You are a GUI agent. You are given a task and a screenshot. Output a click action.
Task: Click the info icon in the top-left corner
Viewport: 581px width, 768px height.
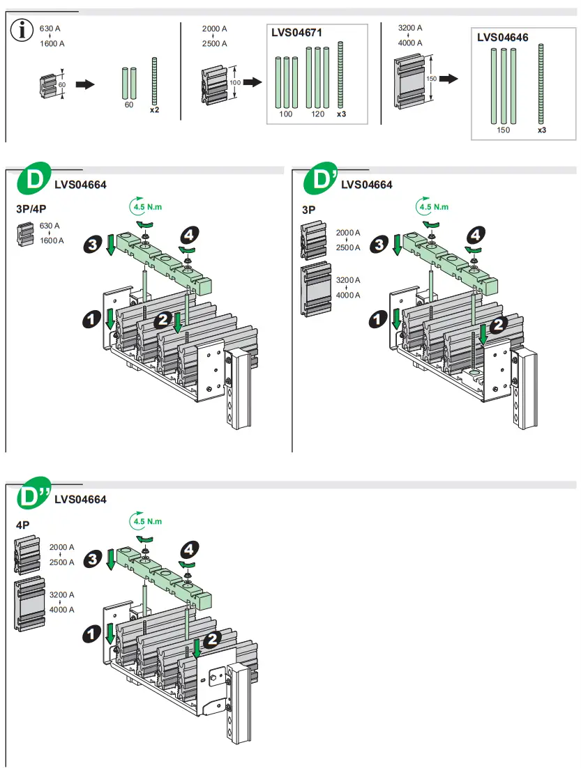(25, 31)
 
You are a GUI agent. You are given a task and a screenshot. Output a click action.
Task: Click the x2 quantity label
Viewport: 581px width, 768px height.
(154, 109)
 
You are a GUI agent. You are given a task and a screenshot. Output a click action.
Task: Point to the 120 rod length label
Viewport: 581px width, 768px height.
(318, 114)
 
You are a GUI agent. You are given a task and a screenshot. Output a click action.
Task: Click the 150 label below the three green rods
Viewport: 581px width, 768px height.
(503, 130)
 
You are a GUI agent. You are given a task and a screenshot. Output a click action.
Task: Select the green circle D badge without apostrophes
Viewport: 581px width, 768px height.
(35, 183)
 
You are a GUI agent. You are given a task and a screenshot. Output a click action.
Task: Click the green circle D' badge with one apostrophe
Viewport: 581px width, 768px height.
(322, 182)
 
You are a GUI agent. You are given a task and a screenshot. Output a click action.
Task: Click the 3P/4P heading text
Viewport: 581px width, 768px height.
(32, 208)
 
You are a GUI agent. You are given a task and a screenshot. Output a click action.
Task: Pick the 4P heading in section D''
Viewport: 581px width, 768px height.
(23, 524)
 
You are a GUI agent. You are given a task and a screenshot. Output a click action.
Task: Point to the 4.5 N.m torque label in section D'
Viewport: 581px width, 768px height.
(434, 207)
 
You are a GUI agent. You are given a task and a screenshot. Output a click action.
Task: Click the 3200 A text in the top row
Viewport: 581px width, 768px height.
(410, 28)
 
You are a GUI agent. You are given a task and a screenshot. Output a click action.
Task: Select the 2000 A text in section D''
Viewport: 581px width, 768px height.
(61, 548)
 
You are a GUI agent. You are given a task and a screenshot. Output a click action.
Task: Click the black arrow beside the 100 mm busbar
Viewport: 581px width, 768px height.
(252, 82)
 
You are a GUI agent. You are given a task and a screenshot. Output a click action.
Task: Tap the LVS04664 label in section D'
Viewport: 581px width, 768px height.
(367, 185)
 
